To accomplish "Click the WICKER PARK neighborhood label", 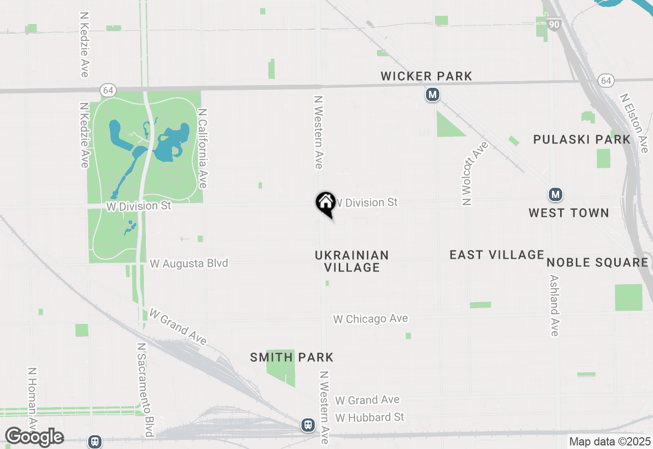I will tap(426, 77).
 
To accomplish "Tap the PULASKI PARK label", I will tap(582, 139).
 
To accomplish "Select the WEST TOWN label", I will tap(568, 213).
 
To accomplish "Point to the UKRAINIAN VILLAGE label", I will tap(352, 261).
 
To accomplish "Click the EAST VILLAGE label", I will tap(497, 255).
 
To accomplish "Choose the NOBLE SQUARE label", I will tap(597, 262).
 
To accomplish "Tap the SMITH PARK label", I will tap(291, 357).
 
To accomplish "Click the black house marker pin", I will tap(325, 202).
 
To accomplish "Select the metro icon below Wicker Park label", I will tap(433, 94).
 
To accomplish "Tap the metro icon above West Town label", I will tap(556, 194).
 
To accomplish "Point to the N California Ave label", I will tap(202, 148).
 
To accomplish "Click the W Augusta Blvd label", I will tap(189, 263).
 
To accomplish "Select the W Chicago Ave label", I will tap(370, 319).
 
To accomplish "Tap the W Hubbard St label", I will tap(369, 417).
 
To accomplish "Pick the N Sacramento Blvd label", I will tap(145, 390).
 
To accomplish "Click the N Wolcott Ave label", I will tap(474, 173).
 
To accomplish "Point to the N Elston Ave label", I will tap(632, 119).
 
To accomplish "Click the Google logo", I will tap(34, 436).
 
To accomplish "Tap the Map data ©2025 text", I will tap(610, 441).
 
